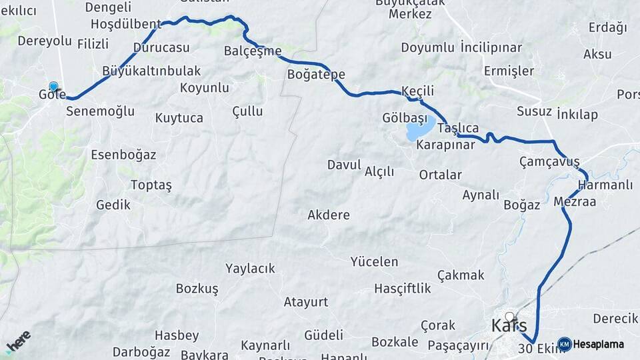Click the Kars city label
coord(509,326)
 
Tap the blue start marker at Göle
coord(53,87)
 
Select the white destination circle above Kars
coord(510,317)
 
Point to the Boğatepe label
coord(316,74)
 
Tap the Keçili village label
coord(418,91)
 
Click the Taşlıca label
coord(458,128)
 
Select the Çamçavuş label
coord(549,161)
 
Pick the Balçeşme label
coord(253,51)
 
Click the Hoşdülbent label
coord(126,25)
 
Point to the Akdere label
coord(329,215)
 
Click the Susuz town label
coord(534,111)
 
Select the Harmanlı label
coord(605,185)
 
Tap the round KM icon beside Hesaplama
coord(565,344)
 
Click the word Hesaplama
coord(598,344)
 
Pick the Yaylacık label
coord(250,268)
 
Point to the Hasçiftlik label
coord(403,288)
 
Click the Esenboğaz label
coord(123,155)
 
